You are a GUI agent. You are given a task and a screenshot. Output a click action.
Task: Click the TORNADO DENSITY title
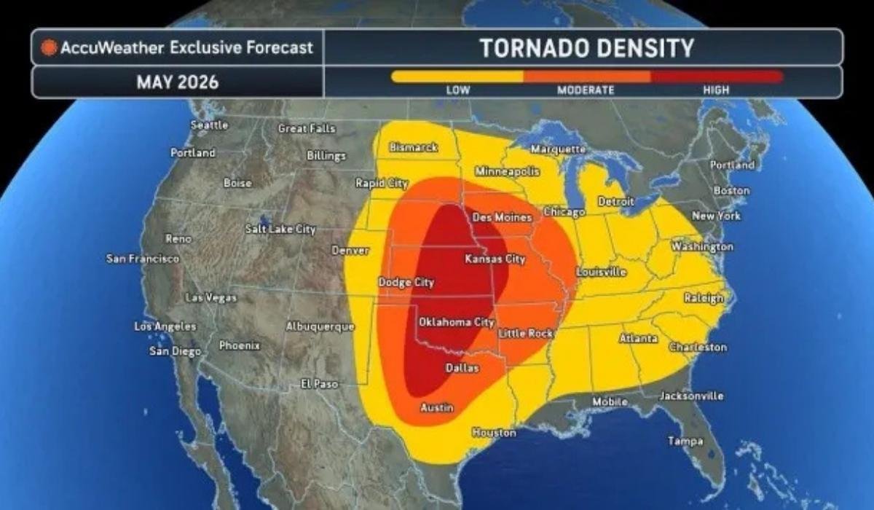click(586, 48)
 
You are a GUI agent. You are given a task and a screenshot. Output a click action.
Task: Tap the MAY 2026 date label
click(177, 82)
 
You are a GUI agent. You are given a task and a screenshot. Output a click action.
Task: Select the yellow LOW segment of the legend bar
click(457, 76)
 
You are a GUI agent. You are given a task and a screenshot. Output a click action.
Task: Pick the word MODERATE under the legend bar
click(586, 90)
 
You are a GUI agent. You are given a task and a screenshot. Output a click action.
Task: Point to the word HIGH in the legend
click(715, 90)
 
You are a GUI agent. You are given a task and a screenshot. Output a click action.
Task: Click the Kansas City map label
click(495, 259)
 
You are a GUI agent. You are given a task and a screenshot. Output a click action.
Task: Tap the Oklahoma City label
click(456, 322)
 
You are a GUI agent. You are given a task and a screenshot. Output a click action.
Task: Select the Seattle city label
click(209, 125)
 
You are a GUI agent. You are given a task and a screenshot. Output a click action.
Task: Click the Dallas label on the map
click(462, 368)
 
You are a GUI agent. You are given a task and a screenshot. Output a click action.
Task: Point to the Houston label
click(494, 433)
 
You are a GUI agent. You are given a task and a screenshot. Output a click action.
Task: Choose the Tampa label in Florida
click(685, 441)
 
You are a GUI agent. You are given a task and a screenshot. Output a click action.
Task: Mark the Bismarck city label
click(414, 147)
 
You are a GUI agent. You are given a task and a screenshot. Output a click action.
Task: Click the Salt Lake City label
click(280, 229)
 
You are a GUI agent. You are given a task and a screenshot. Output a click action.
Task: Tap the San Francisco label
click(143, 259)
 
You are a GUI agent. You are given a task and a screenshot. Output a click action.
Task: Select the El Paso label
click(320, 384)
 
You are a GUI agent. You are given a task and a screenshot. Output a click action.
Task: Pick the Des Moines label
click(502, 217)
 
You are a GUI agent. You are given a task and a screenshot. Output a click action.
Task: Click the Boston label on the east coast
click(731, 191)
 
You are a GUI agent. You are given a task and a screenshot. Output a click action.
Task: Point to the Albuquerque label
click(320, 326)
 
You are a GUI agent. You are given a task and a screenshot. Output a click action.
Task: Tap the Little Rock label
click(525, 333)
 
